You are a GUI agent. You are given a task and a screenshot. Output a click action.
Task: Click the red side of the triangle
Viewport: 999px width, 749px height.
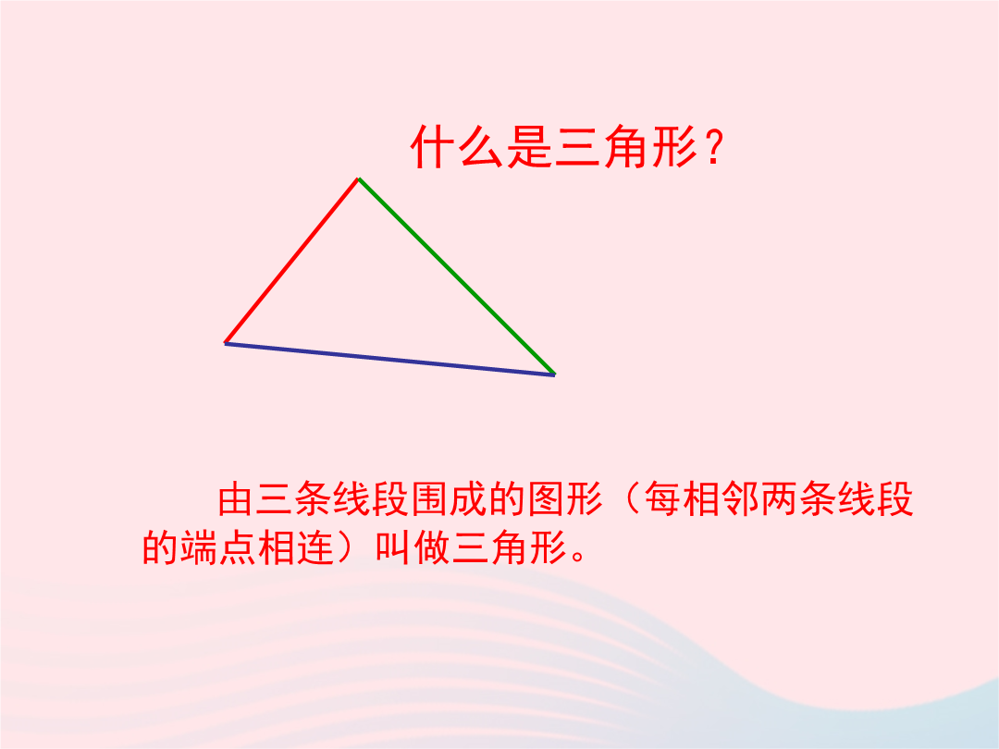[x=291, y=261]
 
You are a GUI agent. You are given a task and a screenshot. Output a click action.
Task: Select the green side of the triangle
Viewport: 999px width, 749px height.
[x=457, y=276]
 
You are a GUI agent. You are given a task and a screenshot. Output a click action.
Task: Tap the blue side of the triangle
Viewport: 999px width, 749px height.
[x=390, y=359]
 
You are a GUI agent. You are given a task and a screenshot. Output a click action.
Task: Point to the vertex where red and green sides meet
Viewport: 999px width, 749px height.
[x=359, y=179]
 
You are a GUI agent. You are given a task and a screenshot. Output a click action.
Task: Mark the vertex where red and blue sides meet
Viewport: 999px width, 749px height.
[x=225, y=343]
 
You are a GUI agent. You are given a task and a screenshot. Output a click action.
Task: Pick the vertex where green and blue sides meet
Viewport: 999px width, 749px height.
[x=554, y=374]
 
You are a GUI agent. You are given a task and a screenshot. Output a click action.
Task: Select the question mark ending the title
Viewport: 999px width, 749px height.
[x=714, y=148]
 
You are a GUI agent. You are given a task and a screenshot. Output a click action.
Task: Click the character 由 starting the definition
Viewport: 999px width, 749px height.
[x=237, y=499]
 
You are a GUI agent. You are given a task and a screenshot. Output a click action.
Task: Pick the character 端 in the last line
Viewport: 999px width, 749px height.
[x=199, y=546]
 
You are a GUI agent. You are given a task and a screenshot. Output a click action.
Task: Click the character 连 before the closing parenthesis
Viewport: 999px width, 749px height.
[x=315, y=546]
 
